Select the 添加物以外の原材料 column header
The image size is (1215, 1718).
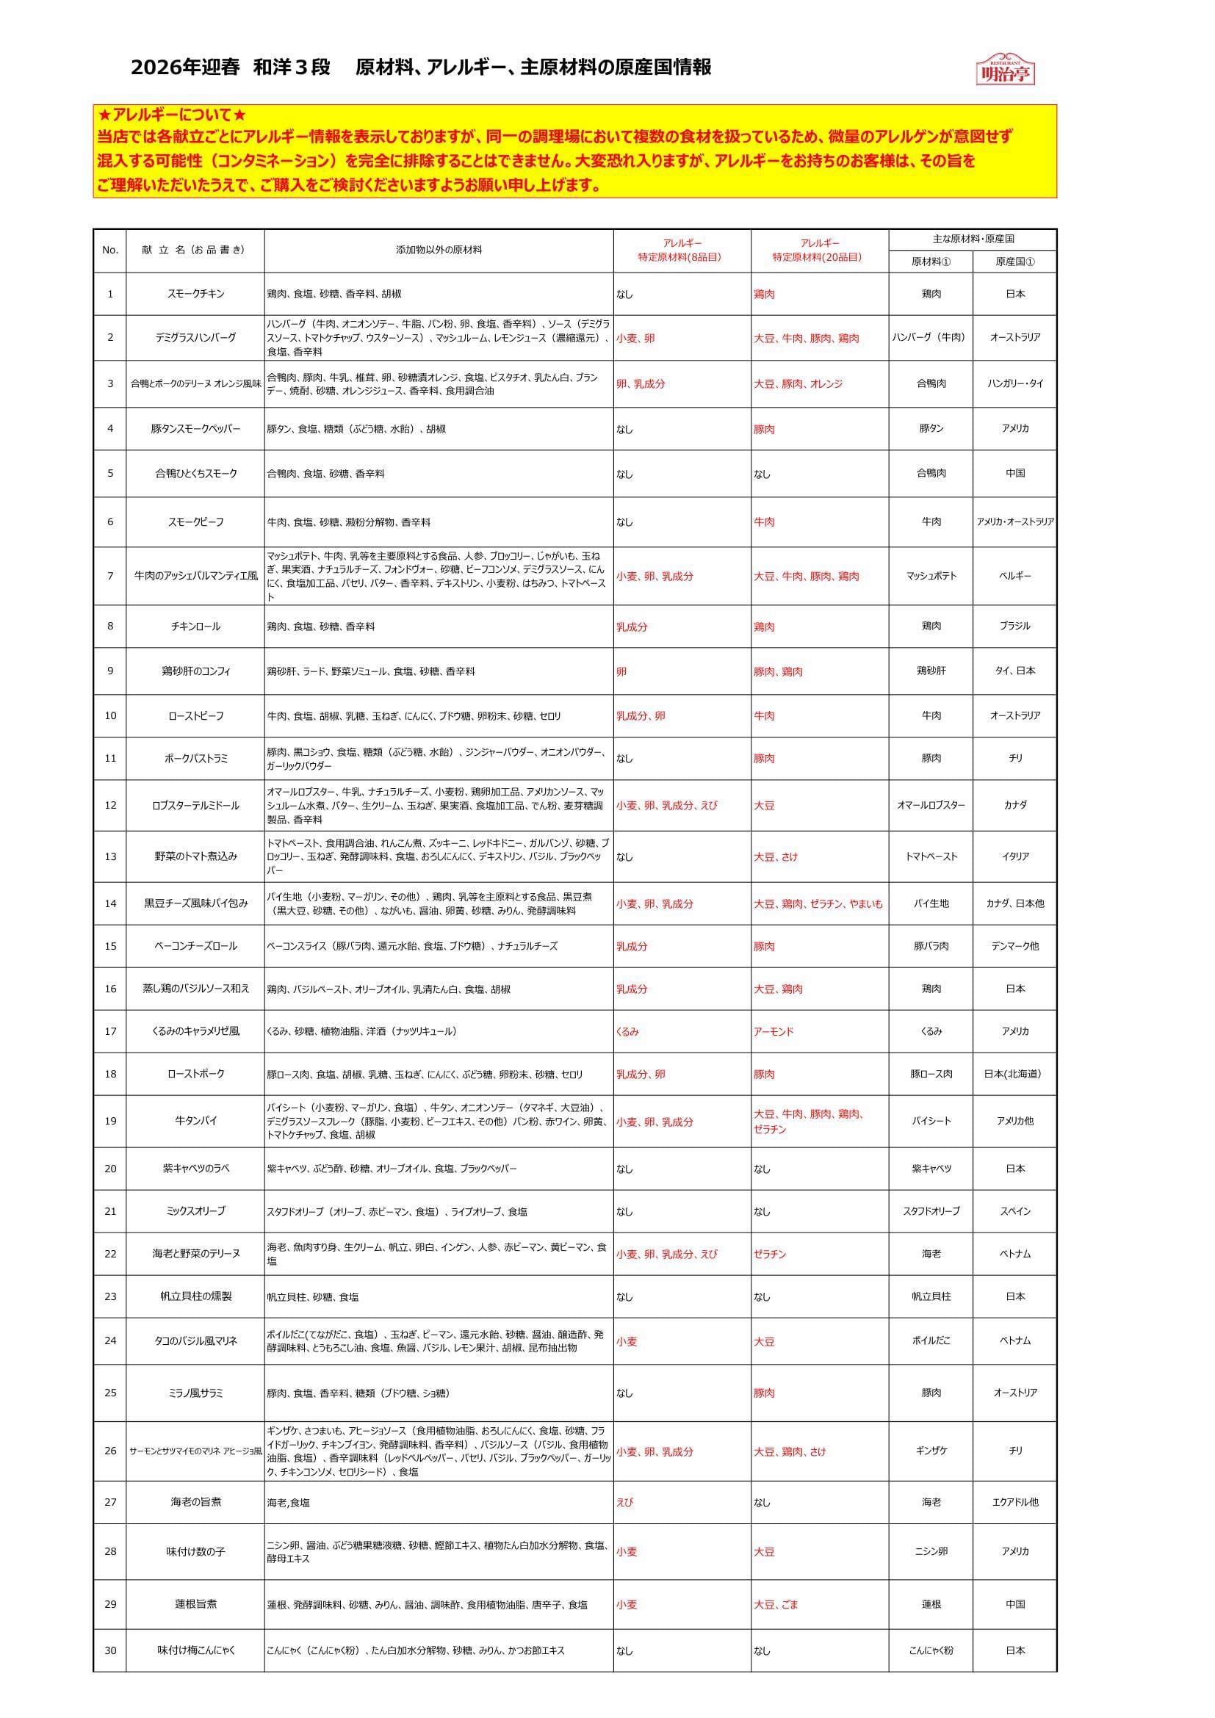tap(439, 250)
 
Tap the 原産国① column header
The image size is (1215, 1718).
tap(1014, 261)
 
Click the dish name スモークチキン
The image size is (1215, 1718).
tap(195, 294)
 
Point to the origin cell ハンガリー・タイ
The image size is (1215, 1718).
tap(1014, 383)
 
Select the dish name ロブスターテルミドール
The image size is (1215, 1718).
tap(195, 805)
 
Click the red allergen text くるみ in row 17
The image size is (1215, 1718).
tap(627, 1031)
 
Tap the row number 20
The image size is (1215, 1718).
tap(110, 1168)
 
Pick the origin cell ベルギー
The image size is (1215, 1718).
tap(1014, 576)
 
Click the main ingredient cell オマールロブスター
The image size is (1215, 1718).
tap(931, 805)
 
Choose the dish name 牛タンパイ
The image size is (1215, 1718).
tap(195, 1121)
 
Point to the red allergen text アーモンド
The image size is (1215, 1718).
tap(774, 1031)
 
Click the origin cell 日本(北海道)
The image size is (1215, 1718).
tap(1014, 1074)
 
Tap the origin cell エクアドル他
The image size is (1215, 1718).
tap(1014, 1502)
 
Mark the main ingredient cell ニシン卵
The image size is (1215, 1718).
tap(931, 1551)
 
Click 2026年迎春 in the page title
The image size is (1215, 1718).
tap(185, 68)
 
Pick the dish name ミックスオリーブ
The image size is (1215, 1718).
tap(195, 1210)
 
